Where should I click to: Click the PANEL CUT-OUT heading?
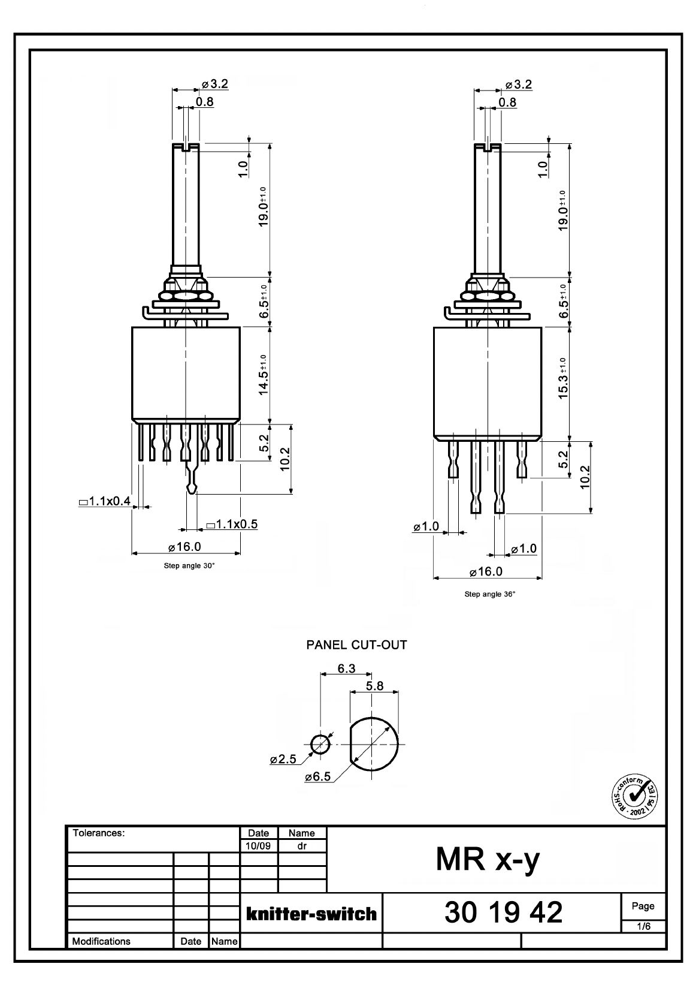(x=356, y=645)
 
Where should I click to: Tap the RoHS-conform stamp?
(x=634, y=796)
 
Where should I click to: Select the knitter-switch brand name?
(x=311, y=914)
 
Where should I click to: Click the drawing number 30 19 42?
(x=503, y=912)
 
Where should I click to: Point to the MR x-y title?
(x=488, y=860)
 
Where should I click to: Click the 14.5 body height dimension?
(x=264, y=375)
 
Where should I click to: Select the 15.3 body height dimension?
(x=563, y=378)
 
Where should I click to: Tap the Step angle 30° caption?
(x=189, y=566)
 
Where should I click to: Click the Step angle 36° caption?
(x=489, y=594)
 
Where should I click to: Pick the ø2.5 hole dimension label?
(x=283, y=759)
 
